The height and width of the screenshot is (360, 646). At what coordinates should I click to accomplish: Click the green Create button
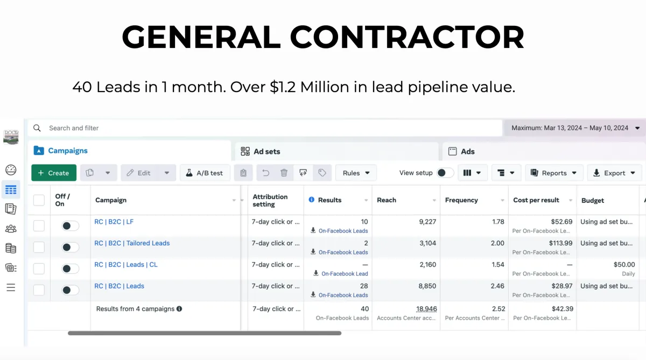pos(54,173)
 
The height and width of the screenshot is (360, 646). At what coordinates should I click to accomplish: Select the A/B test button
pos(205,173)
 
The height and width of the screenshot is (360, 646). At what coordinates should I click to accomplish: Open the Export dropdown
pos(614,173)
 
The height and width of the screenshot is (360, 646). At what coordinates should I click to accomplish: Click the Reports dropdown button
pos(553,173)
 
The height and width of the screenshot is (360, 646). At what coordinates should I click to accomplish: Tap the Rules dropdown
pos(356,173)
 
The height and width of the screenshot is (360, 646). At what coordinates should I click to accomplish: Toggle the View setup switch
pos(445,173)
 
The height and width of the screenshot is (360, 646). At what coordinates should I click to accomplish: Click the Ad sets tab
pos(261,151)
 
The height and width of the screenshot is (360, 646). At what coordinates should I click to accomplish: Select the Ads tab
pos(461,151)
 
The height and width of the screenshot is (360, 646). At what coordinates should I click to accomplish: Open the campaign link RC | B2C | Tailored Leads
pos(132,243)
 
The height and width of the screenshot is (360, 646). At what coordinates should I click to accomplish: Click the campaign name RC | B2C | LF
pos(114,222)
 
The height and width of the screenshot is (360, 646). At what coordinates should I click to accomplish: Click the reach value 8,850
pos(427,286)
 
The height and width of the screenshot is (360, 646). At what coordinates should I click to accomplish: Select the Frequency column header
pos(461,200)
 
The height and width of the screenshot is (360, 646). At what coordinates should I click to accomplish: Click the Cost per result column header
pos(536,200)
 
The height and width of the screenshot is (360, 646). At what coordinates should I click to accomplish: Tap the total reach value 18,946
pos(426,309)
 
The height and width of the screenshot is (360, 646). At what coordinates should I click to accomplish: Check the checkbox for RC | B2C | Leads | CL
pos(39,269)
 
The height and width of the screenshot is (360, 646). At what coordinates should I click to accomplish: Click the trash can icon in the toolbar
pos(284,173)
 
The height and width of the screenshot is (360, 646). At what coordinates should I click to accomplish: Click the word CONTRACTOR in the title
pos(407,38)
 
